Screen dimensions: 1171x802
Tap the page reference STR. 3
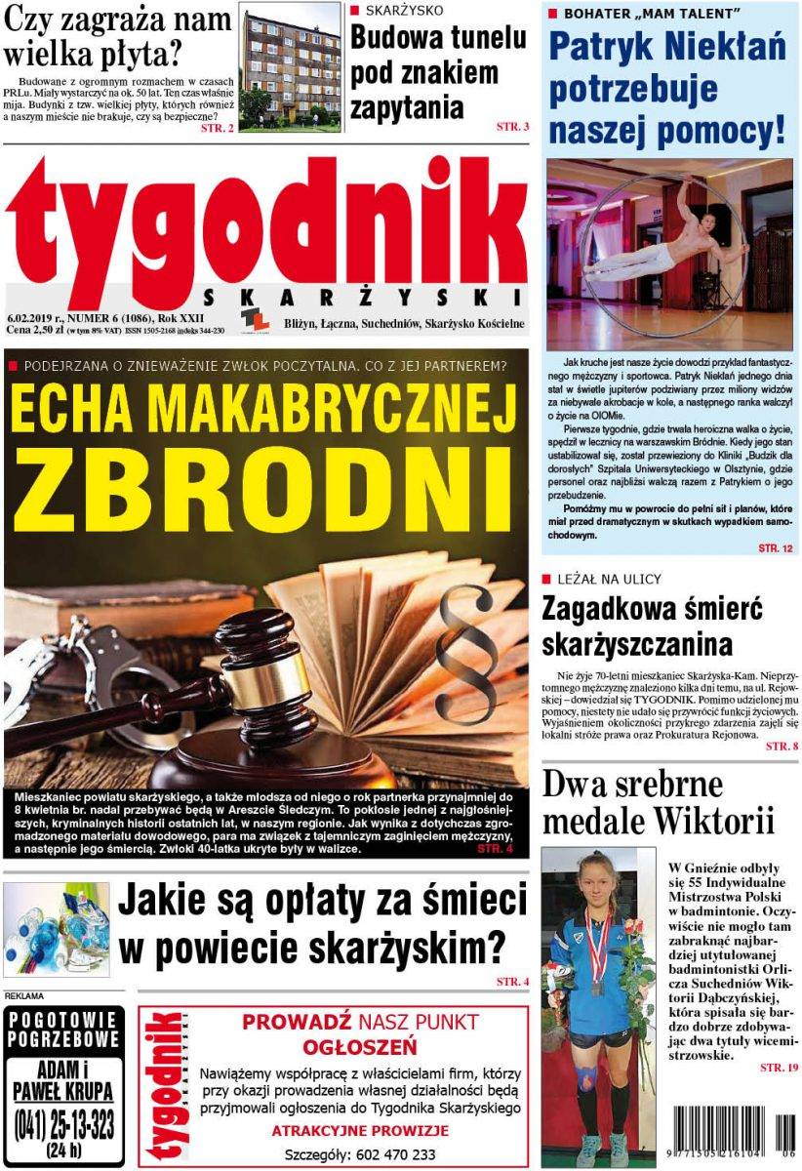pyautogui.click(x=512, y=127)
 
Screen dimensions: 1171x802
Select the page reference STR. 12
pyautogui.click(x=776, y=549)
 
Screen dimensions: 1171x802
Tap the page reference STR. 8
pyautogui.click(x=781, y=747)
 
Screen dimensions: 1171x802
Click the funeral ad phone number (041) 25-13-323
pyautogui.click(x=64, y=1125)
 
